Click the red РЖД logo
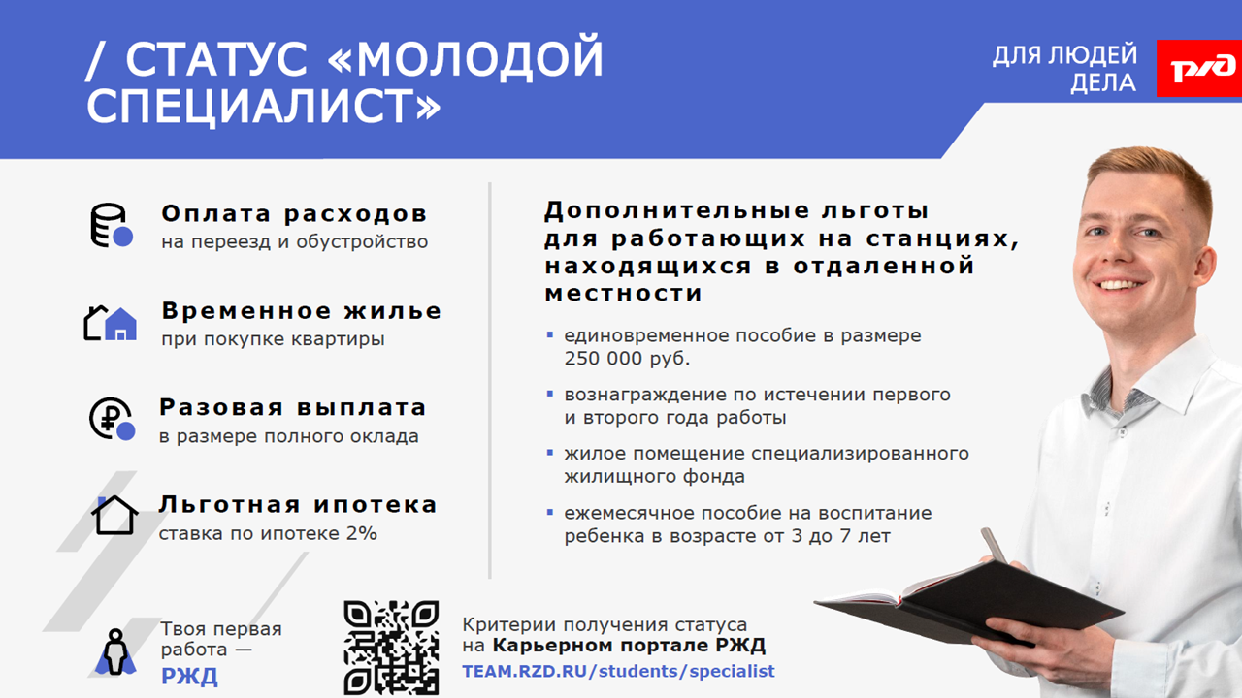tap(1198, 68)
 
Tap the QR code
tap(391, 648)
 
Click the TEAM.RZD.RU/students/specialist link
tap(618, 672)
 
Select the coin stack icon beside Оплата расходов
tap(112, 226)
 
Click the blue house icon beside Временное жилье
tap(121, 324)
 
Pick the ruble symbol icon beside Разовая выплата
tap(112, 419)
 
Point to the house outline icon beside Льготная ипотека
tap(114, 515)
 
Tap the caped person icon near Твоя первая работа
tap(114, 652)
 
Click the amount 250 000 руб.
tap(627, 359)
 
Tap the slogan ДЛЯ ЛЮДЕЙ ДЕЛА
tap(1064, 69)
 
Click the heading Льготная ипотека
tap(298, 505)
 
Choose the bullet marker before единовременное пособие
tap(550, 334)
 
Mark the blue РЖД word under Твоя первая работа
tap(189, 677)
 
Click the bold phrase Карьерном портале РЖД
tap(630, 646)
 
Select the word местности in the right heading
tap(623, 294)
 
